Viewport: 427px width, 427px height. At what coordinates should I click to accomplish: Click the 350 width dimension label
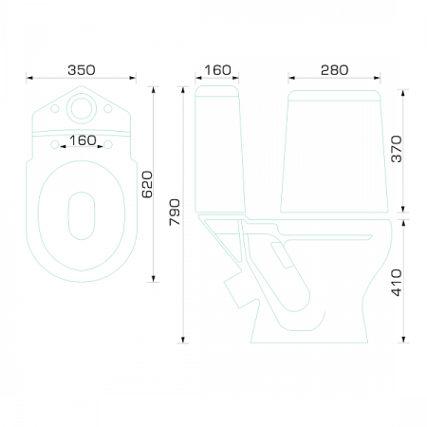82,70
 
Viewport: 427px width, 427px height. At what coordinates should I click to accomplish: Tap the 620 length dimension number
147,185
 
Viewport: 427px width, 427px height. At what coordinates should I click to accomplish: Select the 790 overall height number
175,213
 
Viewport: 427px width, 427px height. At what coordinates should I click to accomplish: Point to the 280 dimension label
334,70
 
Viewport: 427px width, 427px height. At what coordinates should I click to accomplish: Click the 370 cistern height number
397,149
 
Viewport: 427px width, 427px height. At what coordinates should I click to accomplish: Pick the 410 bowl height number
397,283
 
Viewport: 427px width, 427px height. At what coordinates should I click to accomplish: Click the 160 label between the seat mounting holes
83,140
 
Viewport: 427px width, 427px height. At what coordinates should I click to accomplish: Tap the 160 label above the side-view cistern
217,70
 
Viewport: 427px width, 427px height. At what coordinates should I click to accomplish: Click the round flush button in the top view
82,108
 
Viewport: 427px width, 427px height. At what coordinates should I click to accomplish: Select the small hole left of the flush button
55,108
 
